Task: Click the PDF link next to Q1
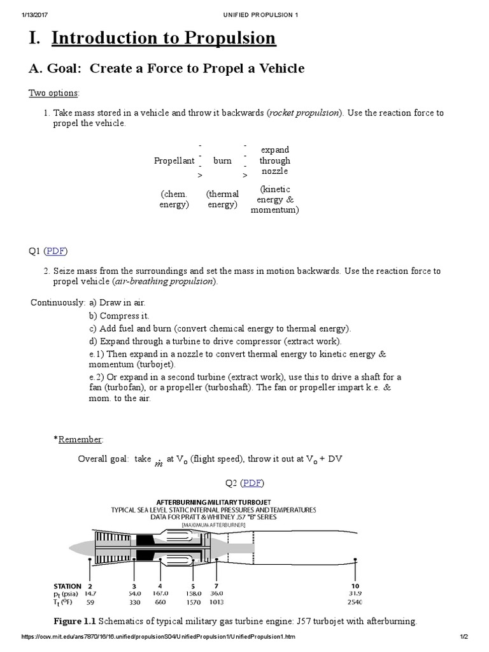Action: (55, 250)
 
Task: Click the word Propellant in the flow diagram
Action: (174, 161)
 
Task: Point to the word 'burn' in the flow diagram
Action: (222, 161)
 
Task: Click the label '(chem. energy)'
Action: (174, 199)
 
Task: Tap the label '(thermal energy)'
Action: (222, 199)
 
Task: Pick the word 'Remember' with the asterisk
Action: (79, 439)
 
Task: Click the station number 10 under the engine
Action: (355, 586)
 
